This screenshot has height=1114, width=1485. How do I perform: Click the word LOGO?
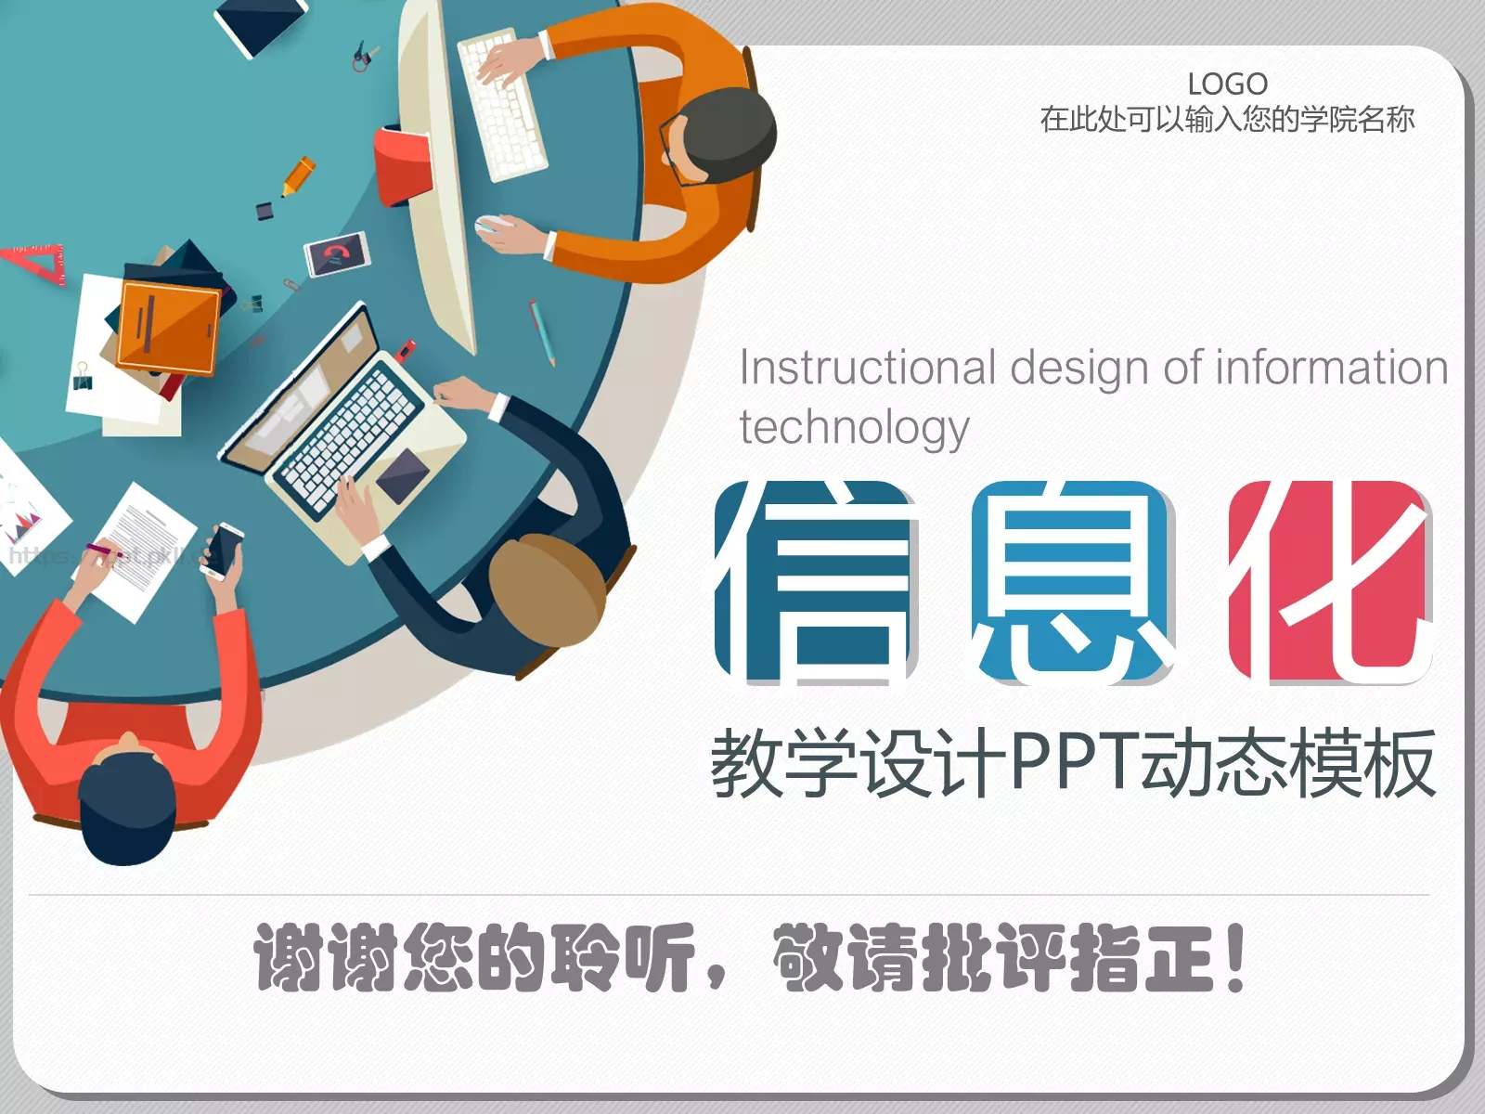[x=1227, y=84]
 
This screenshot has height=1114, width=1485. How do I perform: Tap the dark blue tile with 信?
[x=816, y=582]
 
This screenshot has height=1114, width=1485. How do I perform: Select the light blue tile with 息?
[x=1073, y=582]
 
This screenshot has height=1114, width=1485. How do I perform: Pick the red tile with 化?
[x=1330, y=582]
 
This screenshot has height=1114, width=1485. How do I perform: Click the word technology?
[x=854, y=428]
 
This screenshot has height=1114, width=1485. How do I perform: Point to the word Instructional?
[x=867, y=368]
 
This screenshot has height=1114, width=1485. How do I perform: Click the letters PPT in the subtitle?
[x=1073, y=763]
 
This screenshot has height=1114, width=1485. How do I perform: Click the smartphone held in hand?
[x=224, y=551]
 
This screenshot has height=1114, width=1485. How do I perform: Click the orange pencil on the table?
[x=298, y=175]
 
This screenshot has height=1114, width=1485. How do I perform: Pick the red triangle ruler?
[x=37, y=262]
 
